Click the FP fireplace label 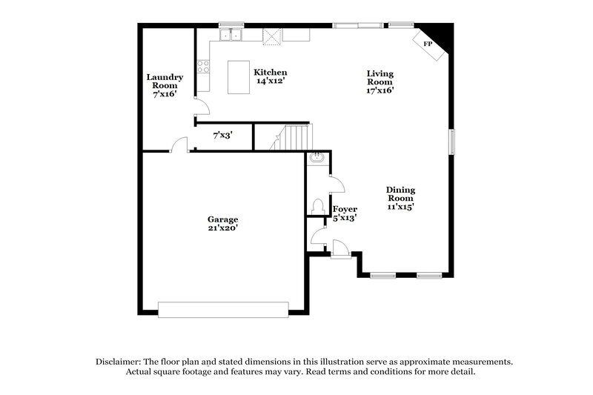click(x=428, y=44)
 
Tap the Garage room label click(x=222, y=219)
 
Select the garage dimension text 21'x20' click(x=222, y=228)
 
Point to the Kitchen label click(x=271, y=72)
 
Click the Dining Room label click(x=400, y=194)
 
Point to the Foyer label click(x=345, y=209)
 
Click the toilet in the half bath click(x=317, y=205)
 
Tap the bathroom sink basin click(x=317, y=157)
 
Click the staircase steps click(x=293, y=137)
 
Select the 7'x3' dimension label click(x=222, y=136)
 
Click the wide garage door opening click(x=223, y=309)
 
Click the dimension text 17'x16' click(x=380, y=90)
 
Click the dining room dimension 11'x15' click(x=400, y=207)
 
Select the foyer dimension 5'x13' click(x=345, y=218)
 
